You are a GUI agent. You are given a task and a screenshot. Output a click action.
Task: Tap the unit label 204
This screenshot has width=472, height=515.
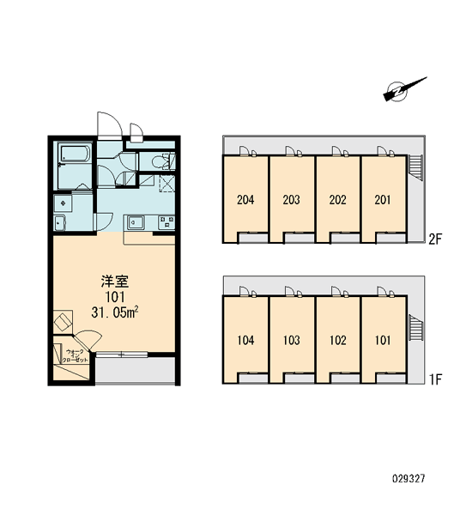pos(245,200)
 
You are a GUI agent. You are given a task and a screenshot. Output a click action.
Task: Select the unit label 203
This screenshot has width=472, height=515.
pos(291,200)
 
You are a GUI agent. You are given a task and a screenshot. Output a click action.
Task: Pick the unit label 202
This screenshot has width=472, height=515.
pos(337,200)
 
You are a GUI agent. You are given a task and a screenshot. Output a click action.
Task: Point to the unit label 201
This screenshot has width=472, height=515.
pos(383,200)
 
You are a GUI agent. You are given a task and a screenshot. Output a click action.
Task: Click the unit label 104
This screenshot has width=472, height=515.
pos(245,340)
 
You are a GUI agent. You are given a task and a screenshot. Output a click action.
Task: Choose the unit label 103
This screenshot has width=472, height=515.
pos(291,340)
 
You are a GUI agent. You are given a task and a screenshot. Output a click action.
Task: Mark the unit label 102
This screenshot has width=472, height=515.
pos(337,340)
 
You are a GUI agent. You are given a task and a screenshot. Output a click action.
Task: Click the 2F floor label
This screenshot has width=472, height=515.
pos(436,239)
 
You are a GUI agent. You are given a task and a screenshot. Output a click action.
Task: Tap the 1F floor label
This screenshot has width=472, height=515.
pos(436,379)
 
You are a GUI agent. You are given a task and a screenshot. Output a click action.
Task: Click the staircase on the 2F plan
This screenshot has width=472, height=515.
pos(415,167)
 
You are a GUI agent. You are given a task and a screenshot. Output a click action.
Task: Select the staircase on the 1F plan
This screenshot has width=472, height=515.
pos(416,328)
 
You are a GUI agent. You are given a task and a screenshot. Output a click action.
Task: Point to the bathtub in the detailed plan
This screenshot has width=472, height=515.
pos(74,153)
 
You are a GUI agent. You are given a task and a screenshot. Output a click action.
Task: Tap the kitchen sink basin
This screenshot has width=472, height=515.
pos(136,222)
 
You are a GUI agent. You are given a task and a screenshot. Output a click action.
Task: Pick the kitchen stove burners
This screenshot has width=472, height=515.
pos(166,222)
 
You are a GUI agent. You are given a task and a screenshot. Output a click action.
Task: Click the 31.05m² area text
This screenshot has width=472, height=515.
pos(114,312)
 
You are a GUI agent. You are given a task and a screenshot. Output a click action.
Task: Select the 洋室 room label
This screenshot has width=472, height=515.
pos(115,282)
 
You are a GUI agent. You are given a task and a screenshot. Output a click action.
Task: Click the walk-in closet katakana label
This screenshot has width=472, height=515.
pos(77,356)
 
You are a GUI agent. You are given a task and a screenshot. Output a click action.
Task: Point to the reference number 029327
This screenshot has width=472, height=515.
pos(408,479)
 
